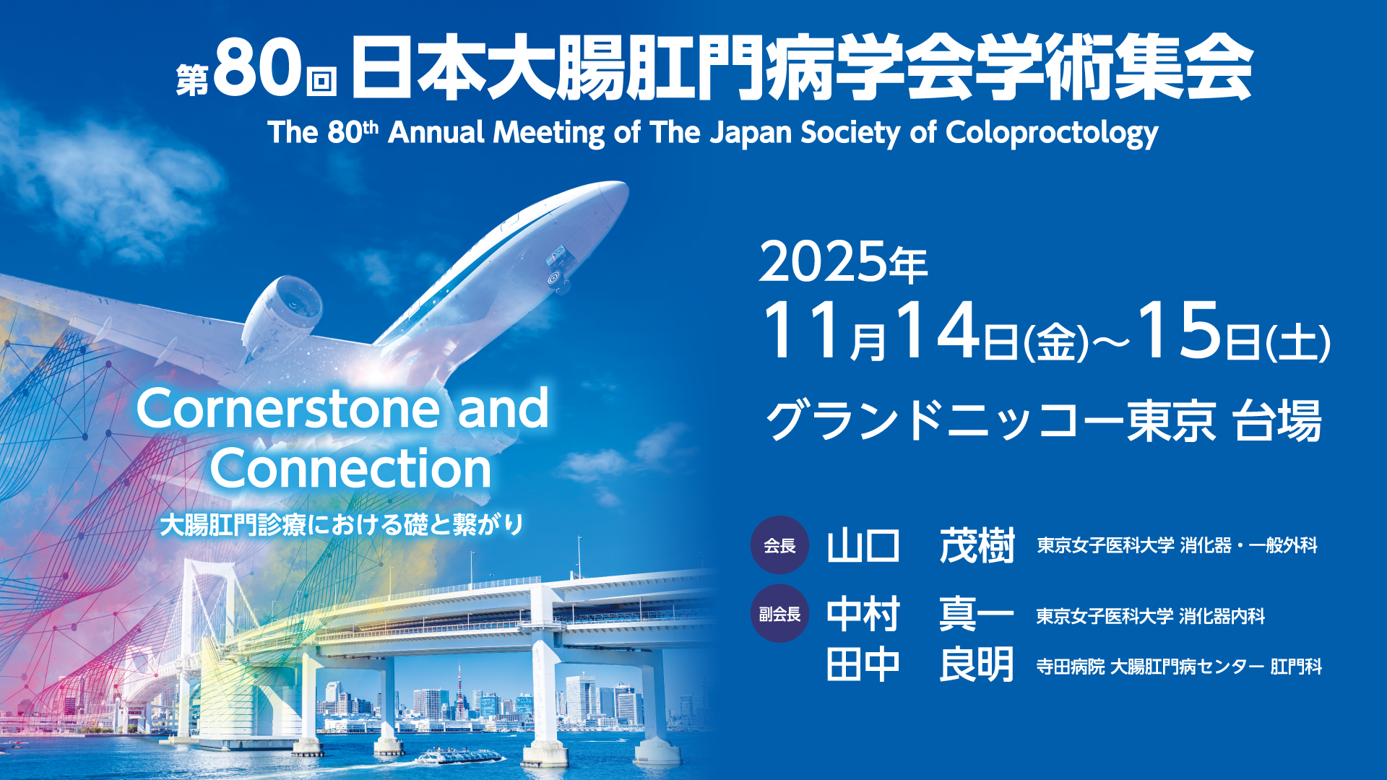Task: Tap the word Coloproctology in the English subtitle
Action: point(1052,134)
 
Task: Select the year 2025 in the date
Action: point(823,262)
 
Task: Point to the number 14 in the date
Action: point(938,331)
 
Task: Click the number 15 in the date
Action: point(1180,331)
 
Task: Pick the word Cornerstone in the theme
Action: point(288,409)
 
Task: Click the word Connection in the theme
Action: point(351,469)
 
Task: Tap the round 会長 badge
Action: point(779,545)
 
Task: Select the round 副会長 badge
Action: point(779,614)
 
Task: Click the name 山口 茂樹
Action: point(921,546)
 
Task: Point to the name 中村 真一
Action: point(921,615)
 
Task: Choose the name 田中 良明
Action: point(921,664)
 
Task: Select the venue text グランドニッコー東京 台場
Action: point(1044,421)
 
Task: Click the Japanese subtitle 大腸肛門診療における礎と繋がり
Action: point(342,524)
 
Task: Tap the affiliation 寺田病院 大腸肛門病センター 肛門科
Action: point(1179,667)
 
